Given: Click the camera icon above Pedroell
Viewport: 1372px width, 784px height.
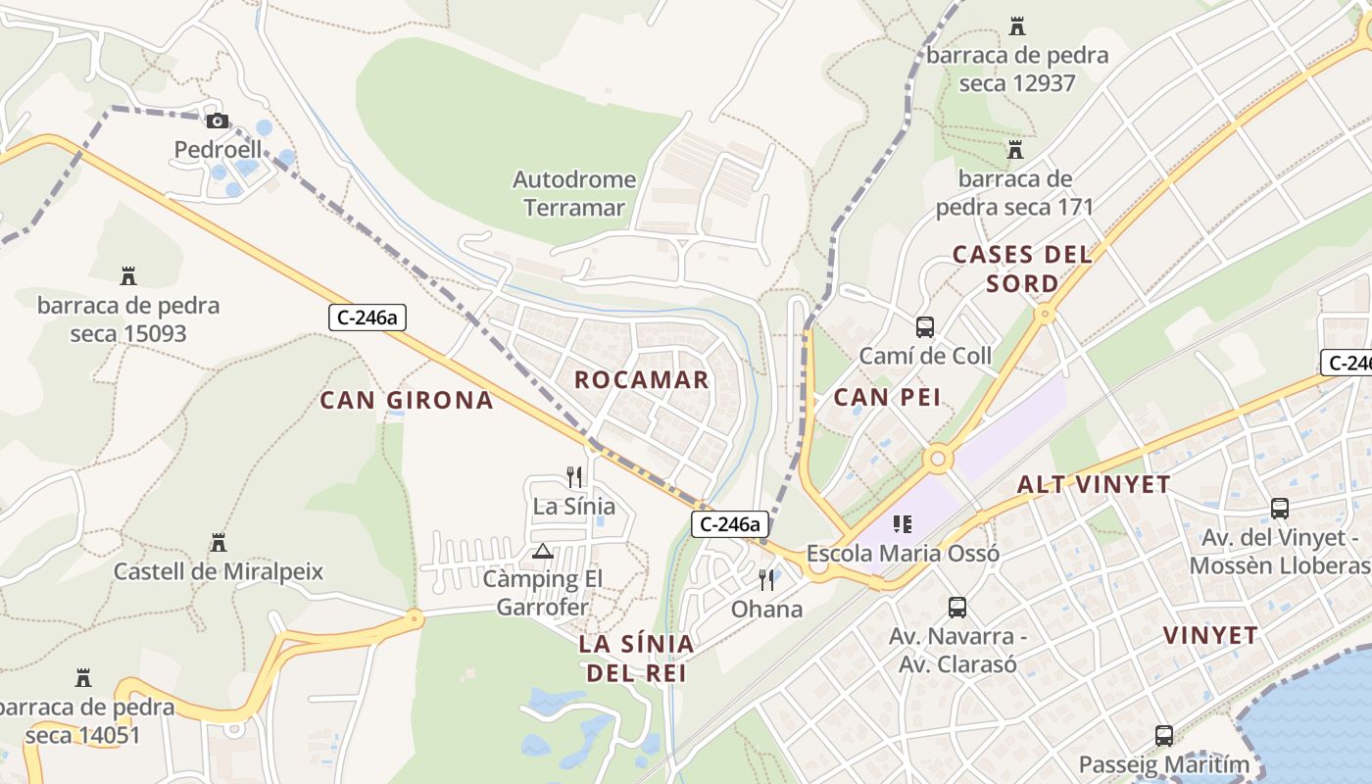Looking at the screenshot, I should [218, 122].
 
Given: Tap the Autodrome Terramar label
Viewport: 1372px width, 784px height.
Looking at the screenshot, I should [574, 193].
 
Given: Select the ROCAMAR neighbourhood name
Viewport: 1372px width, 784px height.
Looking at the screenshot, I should [641, 380].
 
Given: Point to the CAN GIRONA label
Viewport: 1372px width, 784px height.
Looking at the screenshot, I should [407, 400].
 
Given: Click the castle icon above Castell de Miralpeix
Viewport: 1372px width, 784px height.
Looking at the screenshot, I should [218, 543].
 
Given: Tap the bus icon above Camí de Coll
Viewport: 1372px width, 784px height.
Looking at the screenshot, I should [924, 327].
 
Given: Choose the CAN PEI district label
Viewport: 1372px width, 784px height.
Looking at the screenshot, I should [887, 397].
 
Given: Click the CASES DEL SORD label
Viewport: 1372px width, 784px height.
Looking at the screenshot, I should [1022, 269].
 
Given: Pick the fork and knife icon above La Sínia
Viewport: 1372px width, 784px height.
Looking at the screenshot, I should [574, 477].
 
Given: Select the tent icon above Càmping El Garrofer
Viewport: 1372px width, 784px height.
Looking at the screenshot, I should [542, 552].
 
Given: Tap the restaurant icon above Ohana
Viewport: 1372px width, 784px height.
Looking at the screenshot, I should [766, 580].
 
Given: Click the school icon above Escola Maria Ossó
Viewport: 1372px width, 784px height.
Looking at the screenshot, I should [903, 525].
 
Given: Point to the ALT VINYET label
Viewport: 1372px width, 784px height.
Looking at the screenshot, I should [1094, 484].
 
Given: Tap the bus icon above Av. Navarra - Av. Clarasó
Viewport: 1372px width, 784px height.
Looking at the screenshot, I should [957, 608].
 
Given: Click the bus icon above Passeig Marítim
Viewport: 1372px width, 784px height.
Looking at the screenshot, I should [1164, 735].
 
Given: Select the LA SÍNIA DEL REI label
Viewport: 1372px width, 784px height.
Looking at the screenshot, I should [636, 658].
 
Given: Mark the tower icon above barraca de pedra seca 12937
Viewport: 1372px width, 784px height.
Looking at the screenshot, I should [1016, 25].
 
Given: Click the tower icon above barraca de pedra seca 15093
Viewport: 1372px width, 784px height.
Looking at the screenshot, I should [127, 276].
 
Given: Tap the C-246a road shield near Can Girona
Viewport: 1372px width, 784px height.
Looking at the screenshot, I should [367, 318].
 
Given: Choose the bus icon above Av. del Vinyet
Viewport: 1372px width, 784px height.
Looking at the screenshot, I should [1280, 509].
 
